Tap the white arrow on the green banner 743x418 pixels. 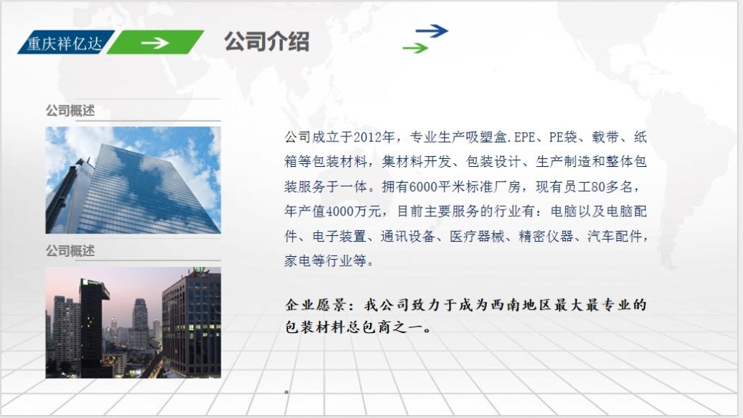click(155, 43)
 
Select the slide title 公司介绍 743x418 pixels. click(266, 41)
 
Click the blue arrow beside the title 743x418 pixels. click(432, 30)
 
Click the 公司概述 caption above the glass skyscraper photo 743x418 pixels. click(70, 111)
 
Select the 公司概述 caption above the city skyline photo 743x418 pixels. click(70, 251)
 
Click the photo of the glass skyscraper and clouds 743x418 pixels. click(133, 180)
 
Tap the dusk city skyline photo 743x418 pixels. click(133, 322)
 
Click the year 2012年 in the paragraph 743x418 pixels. click(377, 136)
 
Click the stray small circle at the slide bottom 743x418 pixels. click(287, 391)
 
